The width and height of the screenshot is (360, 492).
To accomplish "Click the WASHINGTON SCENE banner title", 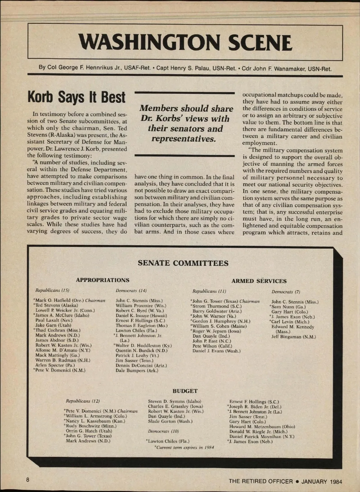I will point(185,43).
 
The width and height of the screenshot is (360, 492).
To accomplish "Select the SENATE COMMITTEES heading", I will point(183,263).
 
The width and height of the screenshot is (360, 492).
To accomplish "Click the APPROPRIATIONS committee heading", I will point(103,280).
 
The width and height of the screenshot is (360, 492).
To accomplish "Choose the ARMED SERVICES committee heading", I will point(259,281).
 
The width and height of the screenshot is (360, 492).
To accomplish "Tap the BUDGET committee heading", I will point(185,391).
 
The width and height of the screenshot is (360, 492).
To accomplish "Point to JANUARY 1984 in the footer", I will point(322,482).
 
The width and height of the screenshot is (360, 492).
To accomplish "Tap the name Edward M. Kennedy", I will point(292,327).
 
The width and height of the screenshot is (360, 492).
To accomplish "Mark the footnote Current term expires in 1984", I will point(184,447).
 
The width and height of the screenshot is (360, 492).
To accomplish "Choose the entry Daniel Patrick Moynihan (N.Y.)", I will point(262,437).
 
